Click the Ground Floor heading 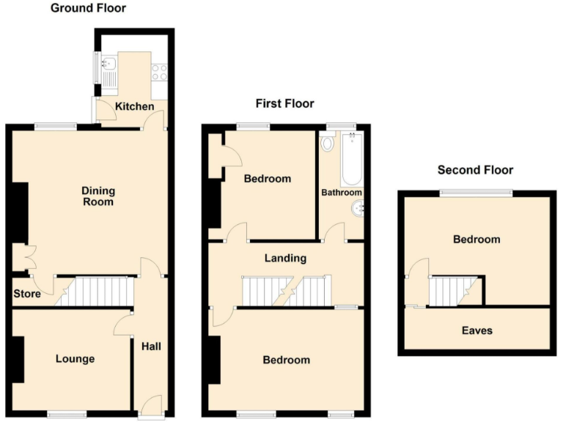coord(87,9)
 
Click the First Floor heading coord(284,104)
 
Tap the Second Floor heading coord(475,170)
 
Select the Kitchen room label coord(135,107)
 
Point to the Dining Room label coord(97,196)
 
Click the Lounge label coord(75,359)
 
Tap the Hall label coord(151,347)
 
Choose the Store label coord(27,295)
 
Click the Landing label coord(285,258)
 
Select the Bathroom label coord(342,193)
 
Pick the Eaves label coord(476,330)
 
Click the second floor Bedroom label coord(476,240)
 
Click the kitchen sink coord(108,73)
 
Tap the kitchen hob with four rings coord(158,73)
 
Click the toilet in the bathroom coord(327,142)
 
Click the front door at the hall coord(151,404)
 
